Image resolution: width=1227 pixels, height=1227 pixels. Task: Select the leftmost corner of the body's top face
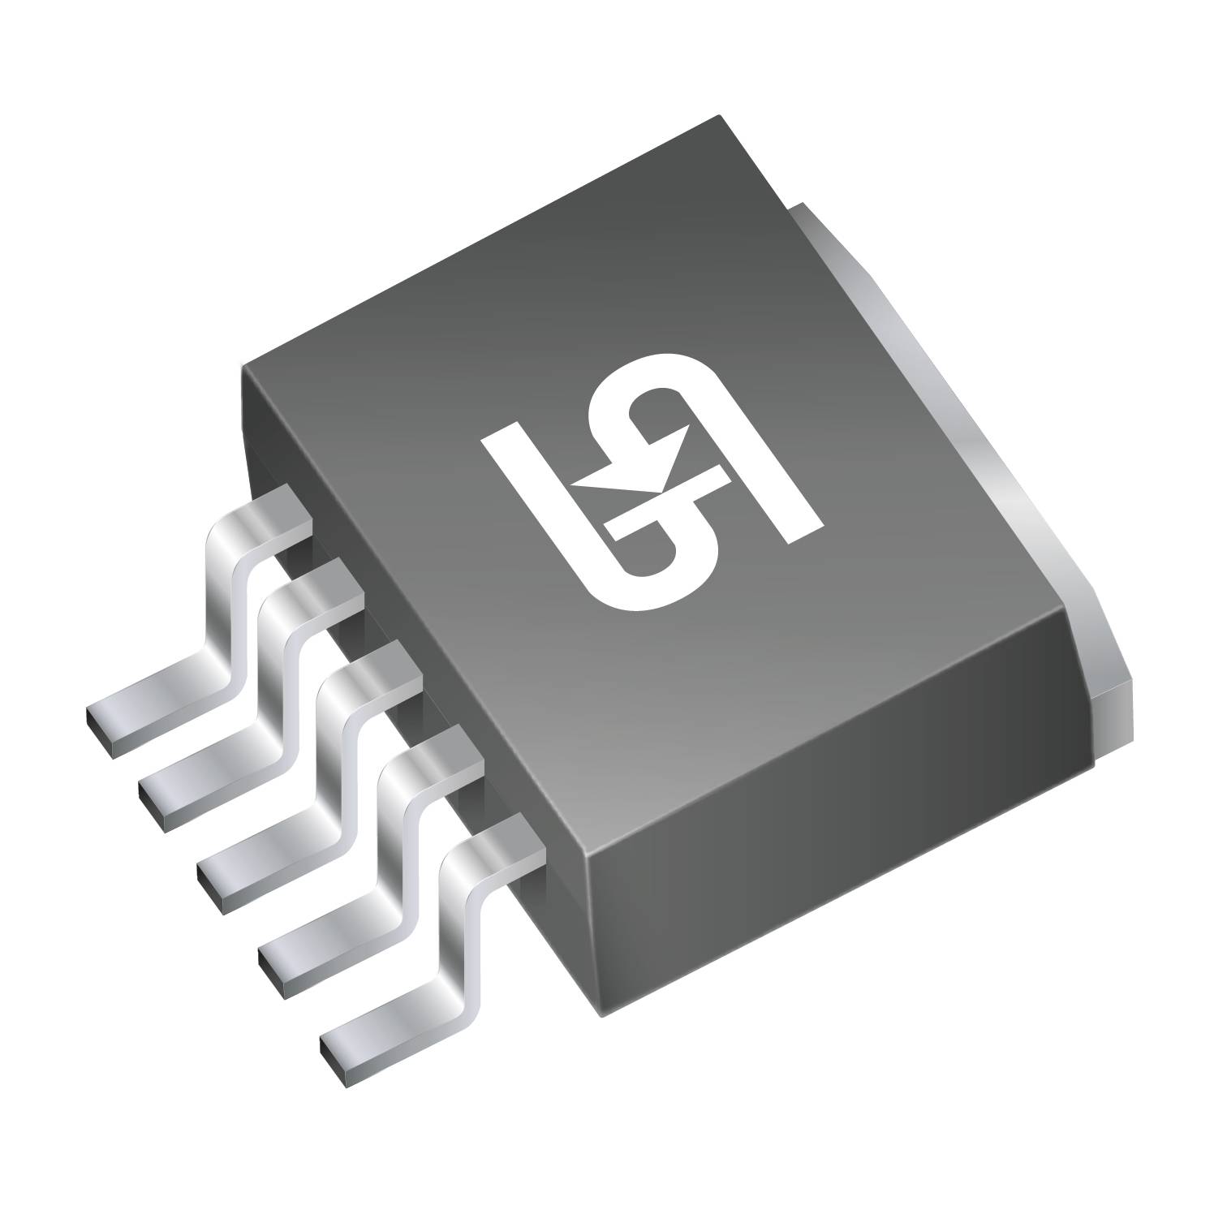[x=243, y=367]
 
